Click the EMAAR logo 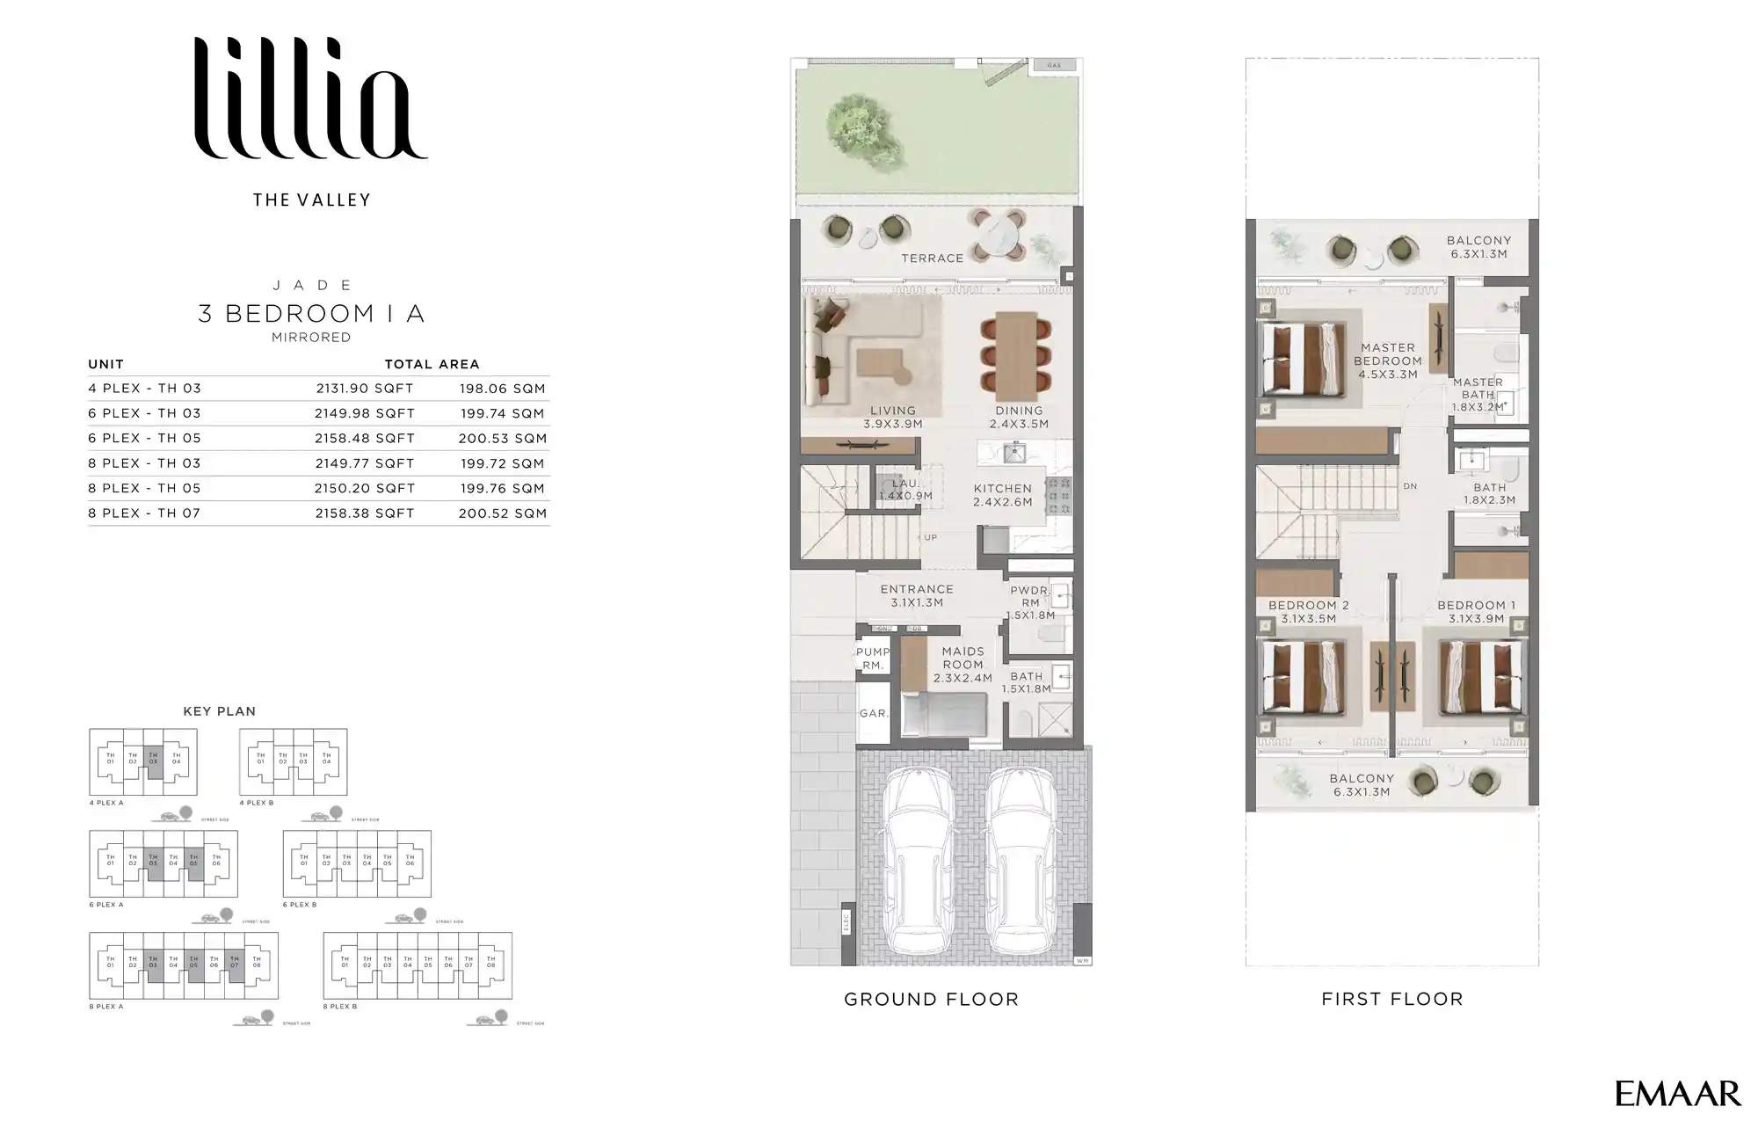tap(1677, 1094)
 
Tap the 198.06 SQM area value tap(502, 389)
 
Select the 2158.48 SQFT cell tap(364, 439)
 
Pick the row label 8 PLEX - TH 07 tap(144, 513)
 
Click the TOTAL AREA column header tap(432, 364)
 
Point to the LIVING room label tap(892, 411)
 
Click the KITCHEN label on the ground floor tap(1002, 489)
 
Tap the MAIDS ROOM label tap(963, 658)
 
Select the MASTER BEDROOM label tap(1387, 354)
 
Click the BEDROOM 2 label tap(1308, 606)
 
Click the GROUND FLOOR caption tap(931, 1000)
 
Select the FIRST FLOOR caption tap(1391, 1000)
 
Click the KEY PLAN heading tap(219, 711)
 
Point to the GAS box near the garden tap(1054, 65)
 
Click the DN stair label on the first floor tap(1410, 486)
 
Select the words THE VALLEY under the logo tap(311, 200)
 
